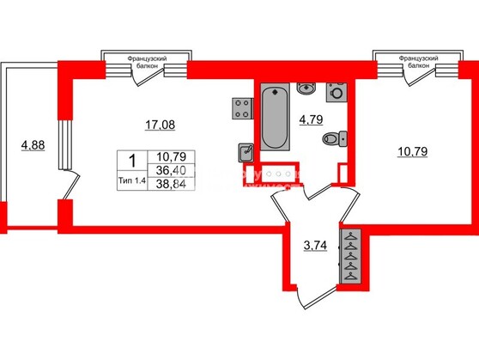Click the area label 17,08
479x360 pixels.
(161, 125)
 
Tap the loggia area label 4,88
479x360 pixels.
(33, 144)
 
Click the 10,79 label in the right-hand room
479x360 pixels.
(414, 156)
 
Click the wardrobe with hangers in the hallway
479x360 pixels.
(352, 256)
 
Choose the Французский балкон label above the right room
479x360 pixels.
(417, 61)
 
